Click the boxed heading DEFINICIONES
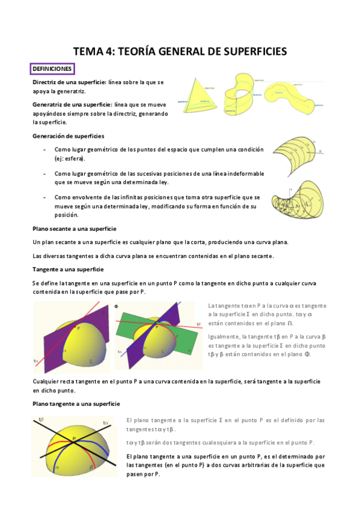53,69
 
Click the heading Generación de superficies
68,135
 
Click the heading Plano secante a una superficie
74,229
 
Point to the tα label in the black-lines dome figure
106,423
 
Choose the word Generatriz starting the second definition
49,104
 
